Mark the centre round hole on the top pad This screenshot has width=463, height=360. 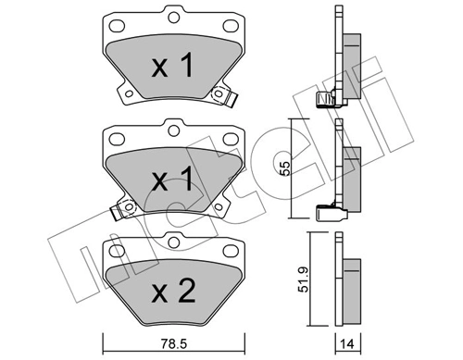tap(172, 16)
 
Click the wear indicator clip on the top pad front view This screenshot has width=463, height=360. tap(221, 95)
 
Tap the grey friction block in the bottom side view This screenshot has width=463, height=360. tap(349, 292)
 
